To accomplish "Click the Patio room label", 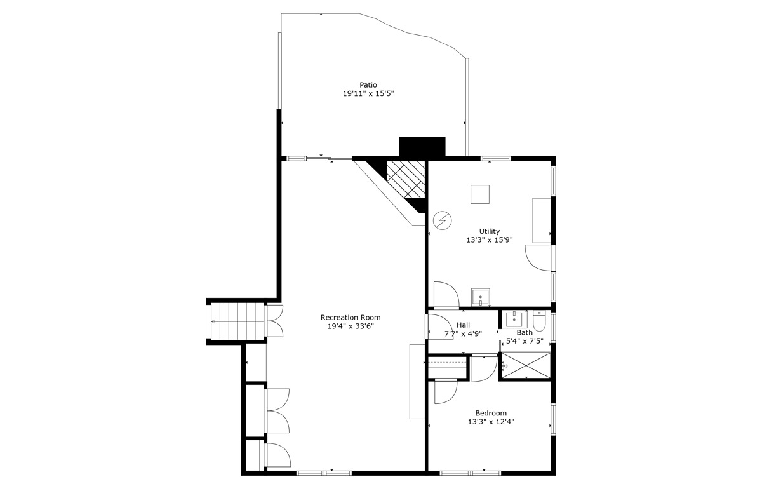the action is (368, 84).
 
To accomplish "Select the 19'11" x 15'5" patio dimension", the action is (368, 93).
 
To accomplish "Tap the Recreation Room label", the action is (351, 318).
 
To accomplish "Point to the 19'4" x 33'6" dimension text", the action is (351, 326).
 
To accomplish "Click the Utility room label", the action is (489, 231).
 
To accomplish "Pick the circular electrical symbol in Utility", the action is (442, 221).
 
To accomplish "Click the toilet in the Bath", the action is (539, 320).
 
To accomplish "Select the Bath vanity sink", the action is (514, 319).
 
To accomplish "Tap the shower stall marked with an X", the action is (526, 365).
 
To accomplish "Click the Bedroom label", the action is (491, 414).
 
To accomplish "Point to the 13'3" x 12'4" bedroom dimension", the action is (491, 422).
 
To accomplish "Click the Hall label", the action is (464, 325).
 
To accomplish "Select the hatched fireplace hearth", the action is (406, 179).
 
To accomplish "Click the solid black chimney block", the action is (422, 147).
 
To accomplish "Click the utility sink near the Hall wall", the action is (480, 297).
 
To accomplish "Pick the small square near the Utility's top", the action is (480, 194).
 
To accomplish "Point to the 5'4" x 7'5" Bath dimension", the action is (525, 340).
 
